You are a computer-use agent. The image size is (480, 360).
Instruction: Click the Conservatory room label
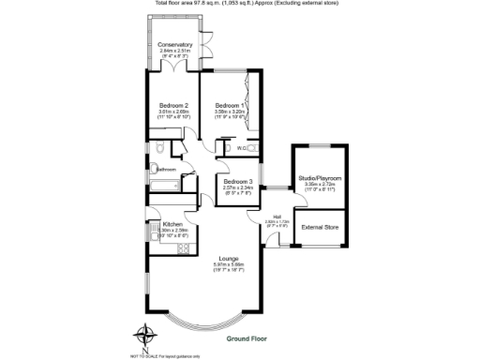coord(175,45)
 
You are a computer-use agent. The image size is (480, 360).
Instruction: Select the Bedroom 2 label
coord(174,104)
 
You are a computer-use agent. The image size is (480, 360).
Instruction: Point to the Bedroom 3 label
coord(237,181)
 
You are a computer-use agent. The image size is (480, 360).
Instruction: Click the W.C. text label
coord(242,148)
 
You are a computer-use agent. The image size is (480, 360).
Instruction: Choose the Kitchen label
coord(172,224)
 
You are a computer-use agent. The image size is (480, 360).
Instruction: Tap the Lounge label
coord(229,258)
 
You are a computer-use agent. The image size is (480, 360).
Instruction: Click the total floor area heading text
coord(241,3)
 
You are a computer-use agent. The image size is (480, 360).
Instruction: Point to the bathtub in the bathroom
coord(166,187)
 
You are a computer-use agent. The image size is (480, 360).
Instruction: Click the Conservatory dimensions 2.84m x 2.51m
coord(175,52)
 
